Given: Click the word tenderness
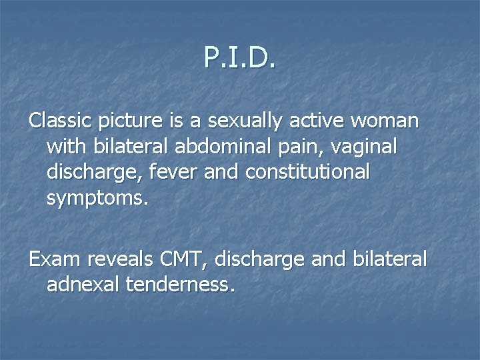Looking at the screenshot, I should coord(183,285).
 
